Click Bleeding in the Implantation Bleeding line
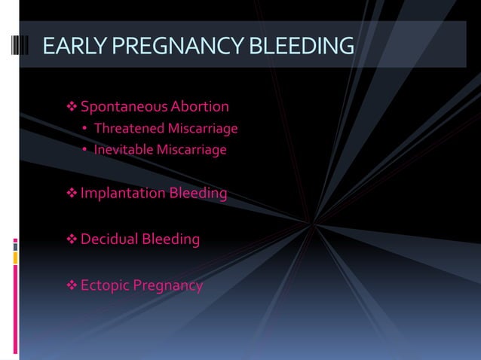198,194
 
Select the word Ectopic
104,286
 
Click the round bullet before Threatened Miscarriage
85,130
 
